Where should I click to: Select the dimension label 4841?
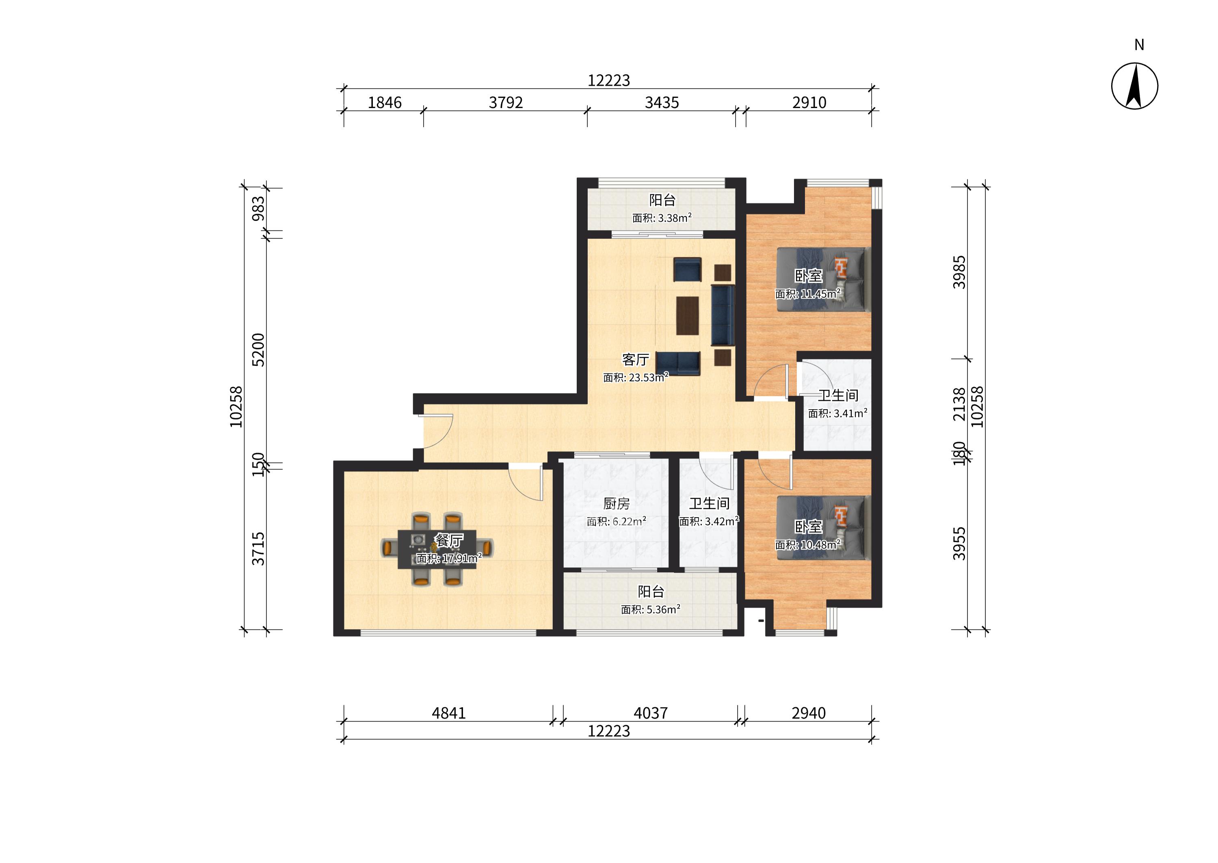(x=448, y=713)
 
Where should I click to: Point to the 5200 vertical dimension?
(x=258, y=349)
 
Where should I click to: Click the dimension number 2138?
(x=958, y=404)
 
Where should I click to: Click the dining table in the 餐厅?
(x=437, y=549)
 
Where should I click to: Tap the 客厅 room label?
(x=635, y=360)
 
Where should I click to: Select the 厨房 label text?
(x=616, y=503)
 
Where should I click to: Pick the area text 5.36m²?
(x=662, y=610)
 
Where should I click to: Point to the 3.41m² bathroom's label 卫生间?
(x=838, y=395)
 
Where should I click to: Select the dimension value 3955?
(x=958, y=544)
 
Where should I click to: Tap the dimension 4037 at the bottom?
(x=651, y=713)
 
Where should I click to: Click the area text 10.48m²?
(x=821, y=545)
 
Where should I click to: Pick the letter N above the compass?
(x=1139, y=45)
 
